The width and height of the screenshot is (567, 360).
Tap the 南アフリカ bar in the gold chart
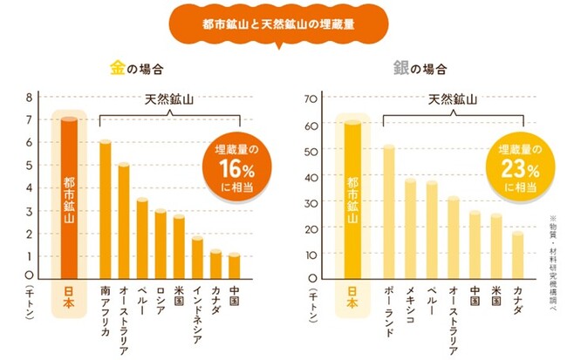[x=105, y=210]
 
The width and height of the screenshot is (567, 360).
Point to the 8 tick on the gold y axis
[x=28, y=97]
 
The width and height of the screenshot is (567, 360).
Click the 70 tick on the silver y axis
[x=310, y=98]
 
